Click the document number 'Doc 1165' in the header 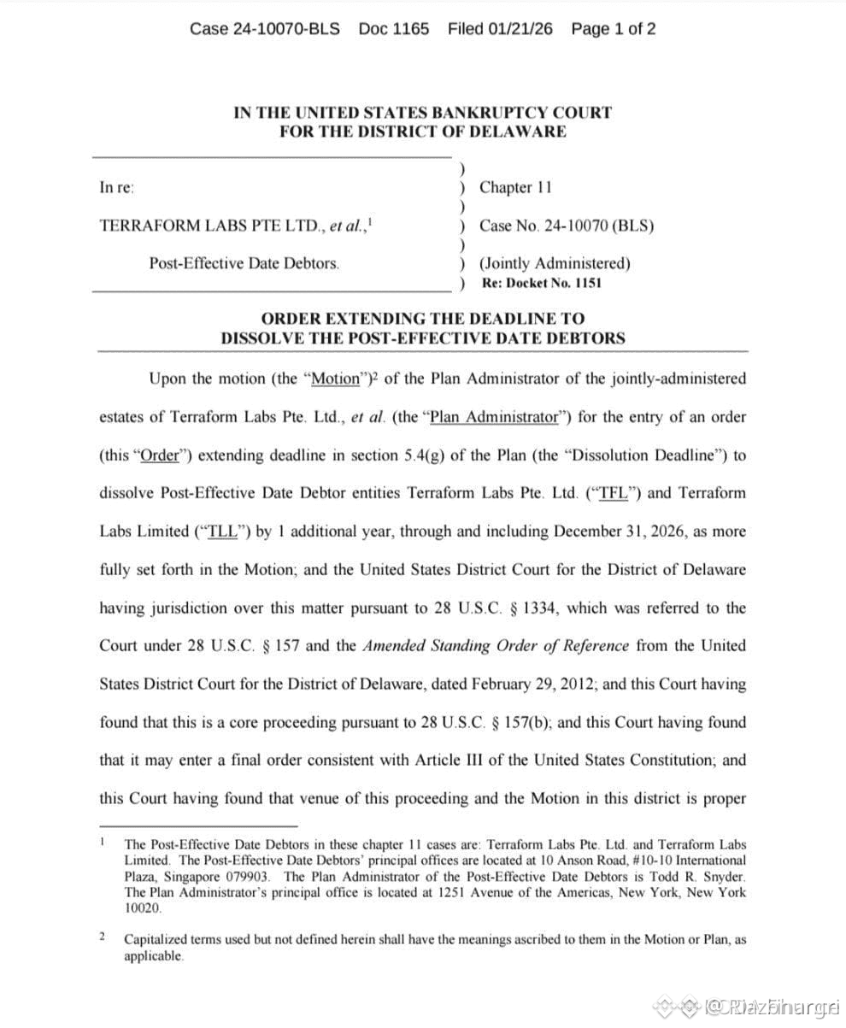coord(393,29)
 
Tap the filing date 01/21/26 coord(520,29)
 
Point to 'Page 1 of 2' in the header coord(614,29)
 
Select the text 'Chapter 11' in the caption coord(516,188)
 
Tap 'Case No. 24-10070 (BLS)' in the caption coord(567,226)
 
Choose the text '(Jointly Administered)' coord(555,264)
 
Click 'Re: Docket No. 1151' coord(542,283)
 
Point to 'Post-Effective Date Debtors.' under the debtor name coord(244,264)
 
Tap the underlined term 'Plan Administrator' coord(493,417)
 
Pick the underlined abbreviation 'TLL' coord(220,531)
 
